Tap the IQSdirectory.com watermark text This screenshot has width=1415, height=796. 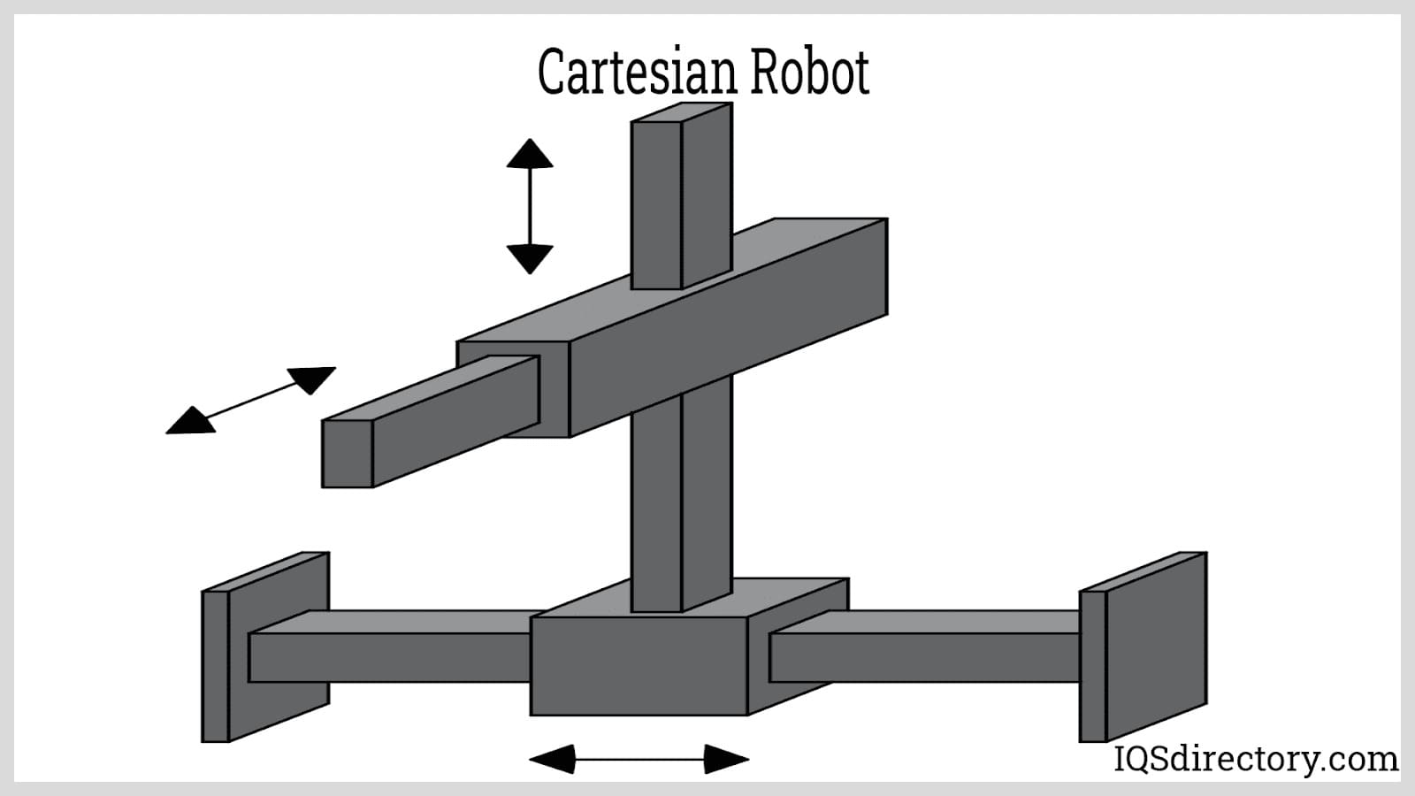point(1256,759)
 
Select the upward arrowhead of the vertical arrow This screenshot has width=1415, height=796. point(530,154)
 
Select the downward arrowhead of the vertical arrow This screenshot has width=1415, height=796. point(530,258)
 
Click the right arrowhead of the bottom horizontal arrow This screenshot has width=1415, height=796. point(726,759)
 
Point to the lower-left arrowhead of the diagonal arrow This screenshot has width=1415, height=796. point(190,422)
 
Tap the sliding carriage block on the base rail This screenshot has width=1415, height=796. point(639,665)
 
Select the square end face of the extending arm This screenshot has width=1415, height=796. point(347,453)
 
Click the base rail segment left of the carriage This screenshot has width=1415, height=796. point(389,657)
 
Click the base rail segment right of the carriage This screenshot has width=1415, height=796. point(924,657)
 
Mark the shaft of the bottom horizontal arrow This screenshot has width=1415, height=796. point(639,759)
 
